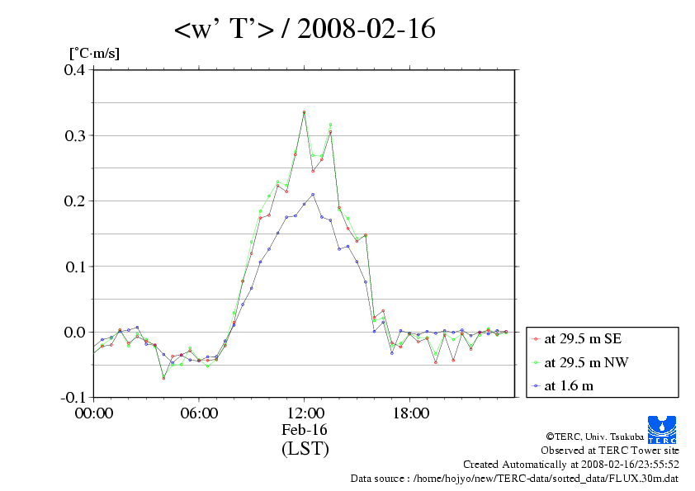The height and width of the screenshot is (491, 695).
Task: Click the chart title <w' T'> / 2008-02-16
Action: tap(305, 30)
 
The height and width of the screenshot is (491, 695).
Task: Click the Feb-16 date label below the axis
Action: tap(305, 430)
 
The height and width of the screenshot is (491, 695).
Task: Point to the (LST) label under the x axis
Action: tap(305, 449)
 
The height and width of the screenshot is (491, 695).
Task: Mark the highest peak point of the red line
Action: tap(305, 112)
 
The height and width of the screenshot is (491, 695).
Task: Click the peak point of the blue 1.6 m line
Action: tap(313, 195)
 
